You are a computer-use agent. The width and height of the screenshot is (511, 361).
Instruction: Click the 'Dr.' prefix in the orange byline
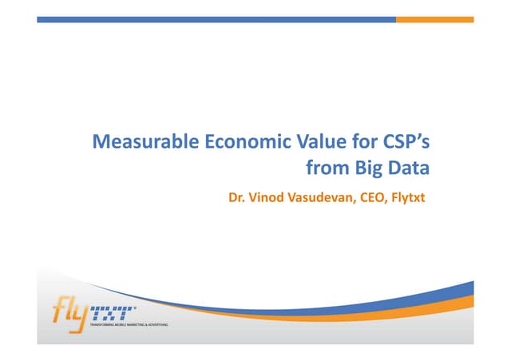[236, 193]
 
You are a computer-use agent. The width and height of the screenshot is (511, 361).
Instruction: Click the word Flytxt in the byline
[407, 194]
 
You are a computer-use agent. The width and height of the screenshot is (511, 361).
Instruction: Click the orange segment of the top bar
[434, 18]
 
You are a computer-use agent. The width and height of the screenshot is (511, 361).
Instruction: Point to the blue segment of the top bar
[216, 18]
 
